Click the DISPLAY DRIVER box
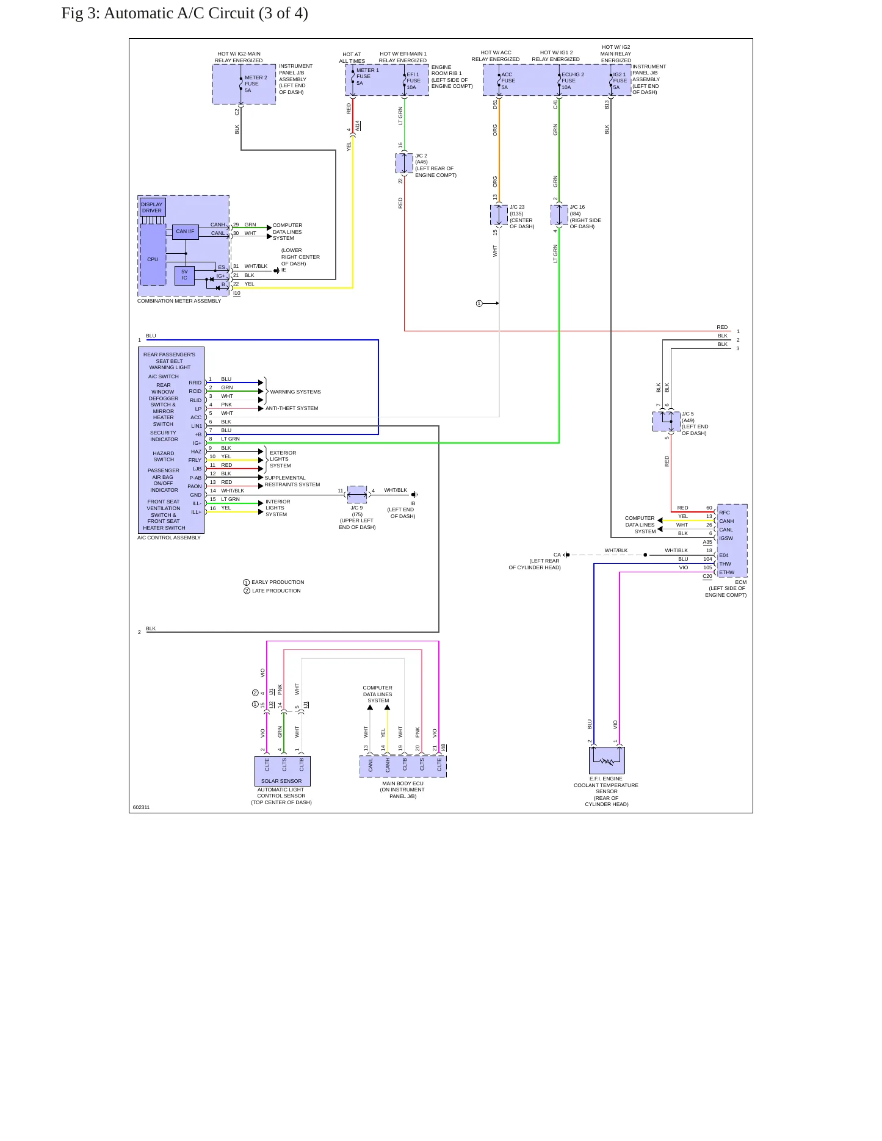[152, 207]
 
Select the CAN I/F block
[185, 231]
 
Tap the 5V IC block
[184, 275]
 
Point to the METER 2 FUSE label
[256, 84]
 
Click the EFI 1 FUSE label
[413, 81]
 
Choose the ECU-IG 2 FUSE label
[573, 81]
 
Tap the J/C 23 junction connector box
[499, 215]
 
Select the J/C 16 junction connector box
[559, 215]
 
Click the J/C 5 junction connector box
[667, 422]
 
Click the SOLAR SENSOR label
[281, 781]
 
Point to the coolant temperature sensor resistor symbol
[607, 761]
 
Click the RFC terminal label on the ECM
[725, 513]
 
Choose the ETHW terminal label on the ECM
[726, 572]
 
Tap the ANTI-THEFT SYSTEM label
[292, 408]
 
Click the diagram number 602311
[141, 807]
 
